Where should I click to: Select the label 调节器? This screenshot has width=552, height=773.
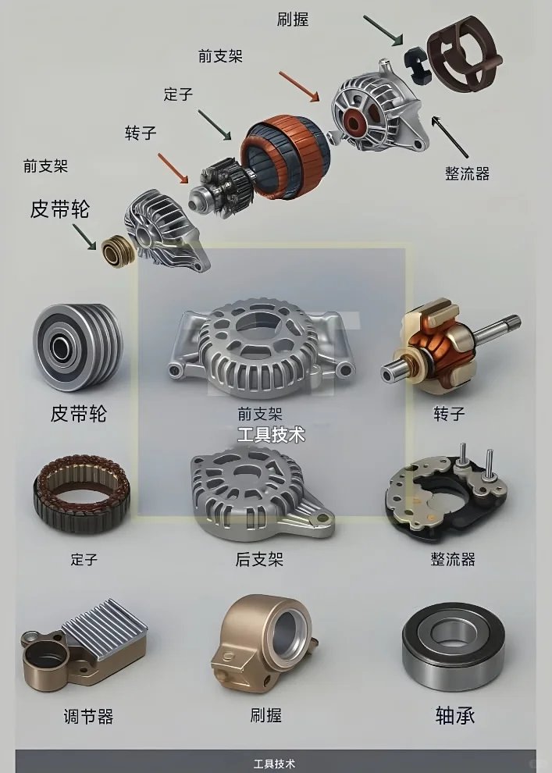click(88, 716)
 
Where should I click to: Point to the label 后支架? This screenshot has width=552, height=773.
click(259, 559)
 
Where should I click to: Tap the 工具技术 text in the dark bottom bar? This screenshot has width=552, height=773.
click(275, 763)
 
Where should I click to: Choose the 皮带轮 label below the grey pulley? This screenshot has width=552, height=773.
click(78, 414)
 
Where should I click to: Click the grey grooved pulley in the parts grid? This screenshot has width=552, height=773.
click(77, 347)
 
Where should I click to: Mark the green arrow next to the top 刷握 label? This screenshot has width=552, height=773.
click(382, 29)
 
